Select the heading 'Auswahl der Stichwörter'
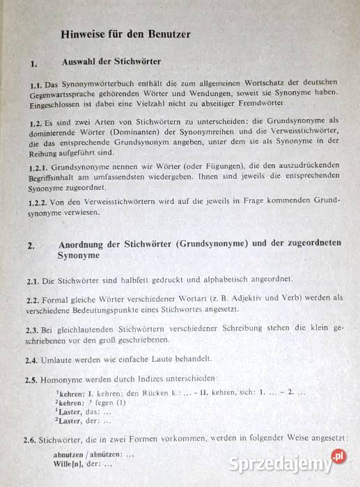pyautogui.click(x=111, y=62)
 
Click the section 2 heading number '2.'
pyautogui.click(x=31, y=246)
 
